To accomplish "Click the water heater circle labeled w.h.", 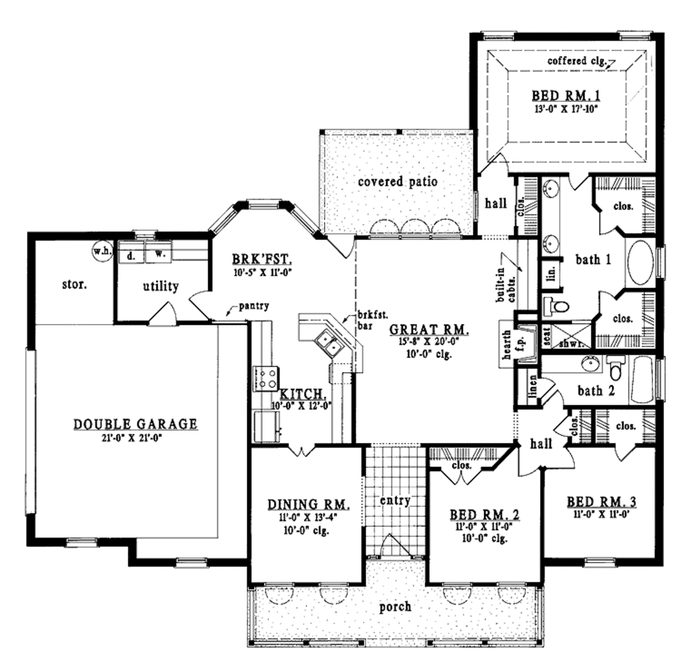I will click(102, 251).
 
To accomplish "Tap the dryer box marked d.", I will click(131, 254).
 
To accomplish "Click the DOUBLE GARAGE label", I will click(135, 423).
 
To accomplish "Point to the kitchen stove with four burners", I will click(267, 379).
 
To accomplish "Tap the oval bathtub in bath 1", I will click(641, 263).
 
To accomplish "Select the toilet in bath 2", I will click(616, 367).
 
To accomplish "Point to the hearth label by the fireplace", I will click(507, 345).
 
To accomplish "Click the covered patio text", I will click(397, 181).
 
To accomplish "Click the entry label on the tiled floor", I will click(394, 500).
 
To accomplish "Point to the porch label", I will click(395, 607).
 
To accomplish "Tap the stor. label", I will click(73, 285).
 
